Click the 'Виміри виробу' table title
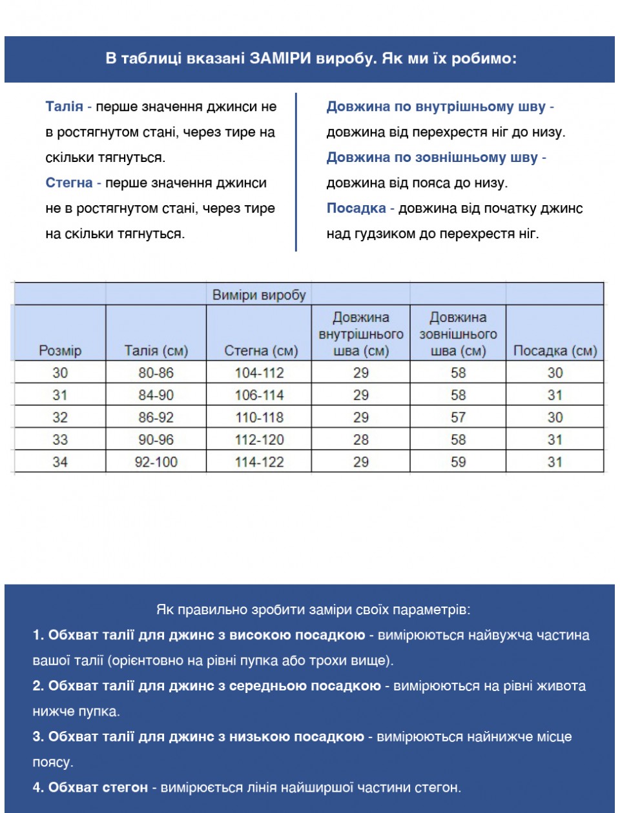point(259,295)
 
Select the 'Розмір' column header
point(60,350)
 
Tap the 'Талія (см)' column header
point(156,350)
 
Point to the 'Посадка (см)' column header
point(555,350)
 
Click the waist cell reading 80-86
point(156,372)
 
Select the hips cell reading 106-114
point(259,395)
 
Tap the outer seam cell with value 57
point(458,417)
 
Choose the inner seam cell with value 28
point(360,439)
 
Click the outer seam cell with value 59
point(458,462)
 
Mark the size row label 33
point(60,439)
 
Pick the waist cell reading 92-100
point(156,462)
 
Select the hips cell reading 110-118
point(259,417)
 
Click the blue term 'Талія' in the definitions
point(64,106)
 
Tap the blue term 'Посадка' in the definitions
point(356,208)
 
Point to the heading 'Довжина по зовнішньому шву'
point(432,157)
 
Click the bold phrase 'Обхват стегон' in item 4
point(98,787)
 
